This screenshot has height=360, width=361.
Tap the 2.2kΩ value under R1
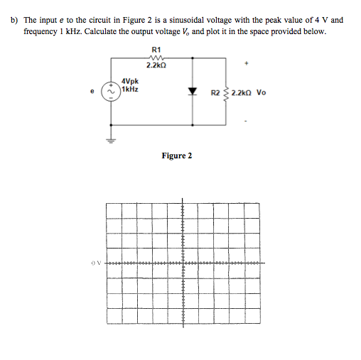tap(156, 65)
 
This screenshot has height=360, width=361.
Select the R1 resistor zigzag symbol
tap(156, 57)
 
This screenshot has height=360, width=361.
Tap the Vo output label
tap(261, 93)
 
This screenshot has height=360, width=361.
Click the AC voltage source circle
tap(110, 92)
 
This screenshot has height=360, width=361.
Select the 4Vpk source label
tap(130, 82)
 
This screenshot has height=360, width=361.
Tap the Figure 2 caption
tap(176, 156)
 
